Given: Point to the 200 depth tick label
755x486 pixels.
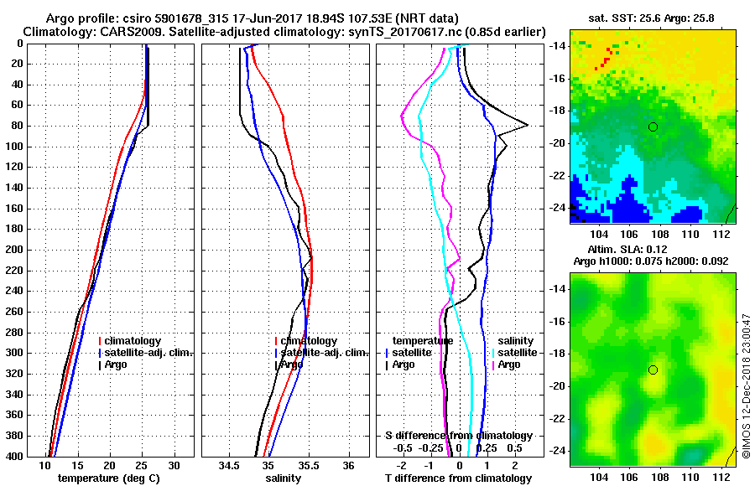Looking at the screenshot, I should point(14,250).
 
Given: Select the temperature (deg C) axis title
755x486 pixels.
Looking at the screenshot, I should point(110,478).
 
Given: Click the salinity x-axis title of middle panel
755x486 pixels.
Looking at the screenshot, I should point(284,478).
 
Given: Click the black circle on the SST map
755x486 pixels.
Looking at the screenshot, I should point(653,127).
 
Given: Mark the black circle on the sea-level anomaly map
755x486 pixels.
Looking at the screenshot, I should point(653,370).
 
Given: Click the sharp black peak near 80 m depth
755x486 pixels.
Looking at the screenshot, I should point(527,125).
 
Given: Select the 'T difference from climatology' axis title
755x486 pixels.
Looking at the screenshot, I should point(457,478).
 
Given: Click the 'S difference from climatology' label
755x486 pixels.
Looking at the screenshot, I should point(459,436).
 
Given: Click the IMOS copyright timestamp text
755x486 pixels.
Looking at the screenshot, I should point(747,385).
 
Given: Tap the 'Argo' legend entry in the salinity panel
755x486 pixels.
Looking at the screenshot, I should point(291,364).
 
